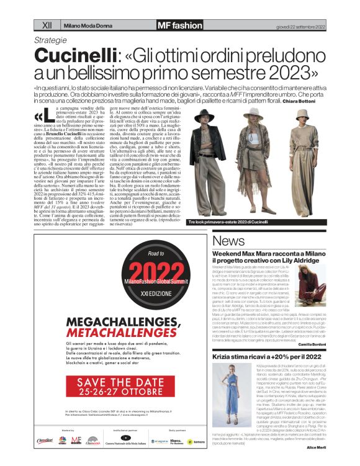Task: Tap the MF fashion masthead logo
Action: [179, 25]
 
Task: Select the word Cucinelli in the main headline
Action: [73, 55]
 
